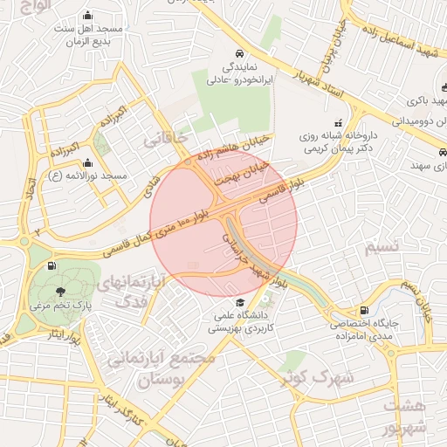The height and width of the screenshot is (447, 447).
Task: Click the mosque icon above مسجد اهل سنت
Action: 87,17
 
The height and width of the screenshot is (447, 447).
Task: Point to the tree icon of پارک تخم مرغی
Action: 59,292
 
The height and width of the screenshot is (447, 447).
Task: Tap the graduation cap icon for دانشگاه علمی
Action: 239,302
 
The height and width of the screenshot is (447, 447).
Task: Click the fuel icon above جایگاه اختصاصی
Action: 363,310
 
